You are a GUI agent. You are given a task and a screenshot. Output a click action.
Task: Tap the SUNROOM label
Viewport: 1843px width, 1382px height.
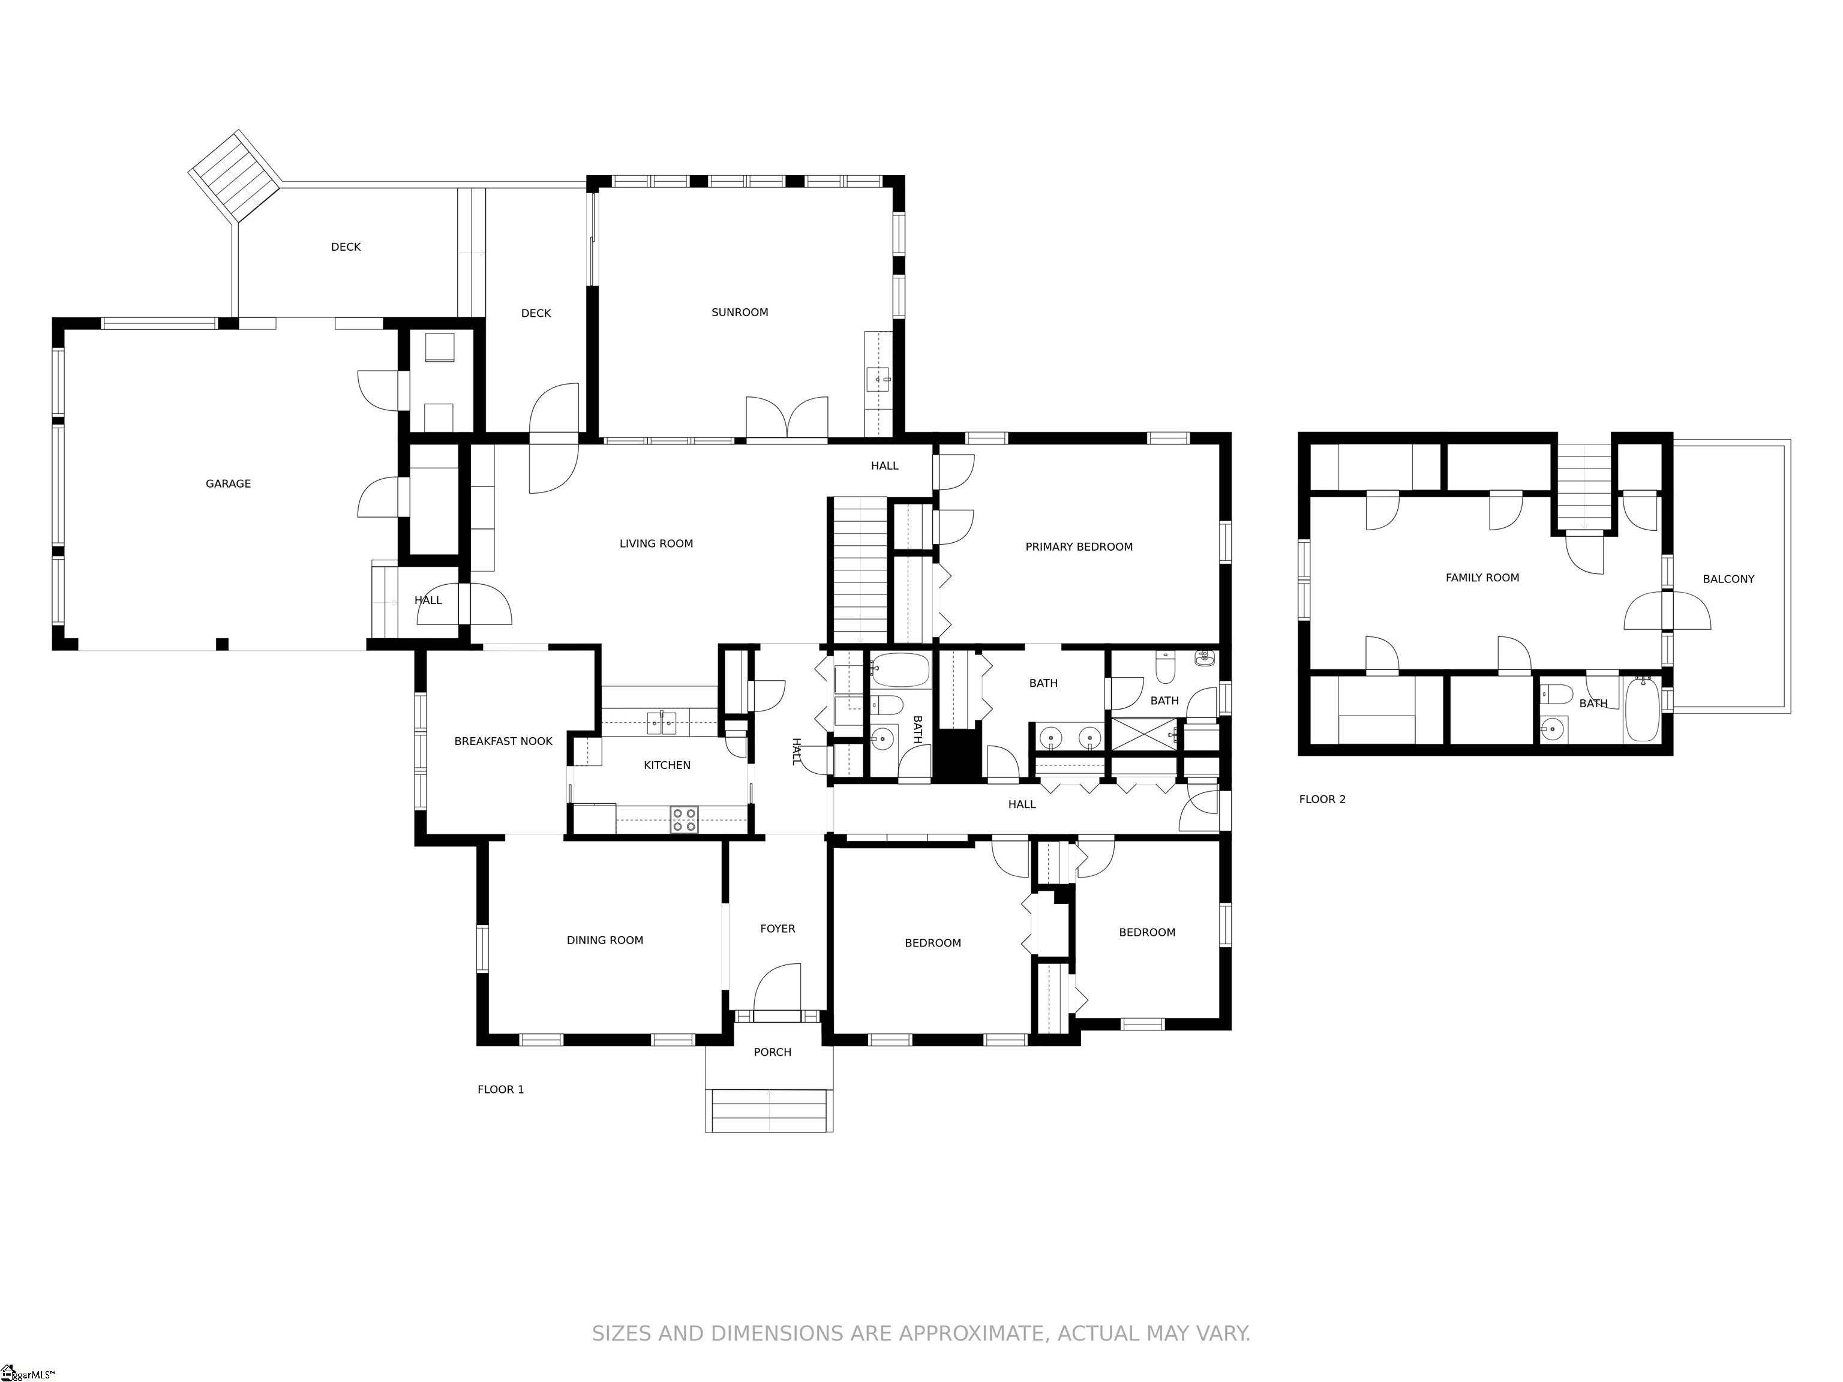point(740,313)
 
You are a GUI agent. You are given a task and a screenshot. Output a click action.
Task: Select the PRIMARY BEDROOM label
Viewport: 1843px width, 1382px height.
point(1079,547)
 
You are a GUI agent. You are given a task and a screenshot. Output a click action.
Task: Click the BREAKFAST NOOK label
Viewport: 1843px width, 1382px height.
point(503,741)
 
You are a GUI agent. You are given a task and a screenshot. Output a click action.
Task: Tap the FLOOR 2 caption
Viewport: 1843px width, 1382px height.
point(1322,800)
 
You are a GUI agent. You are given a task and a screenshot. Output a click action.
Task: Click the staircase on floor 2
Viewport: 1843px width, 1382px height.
point(1584,486)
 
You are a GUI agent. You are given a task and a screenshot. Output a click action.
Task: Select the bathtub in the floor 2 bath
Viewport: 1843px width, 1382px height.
point(1641,709)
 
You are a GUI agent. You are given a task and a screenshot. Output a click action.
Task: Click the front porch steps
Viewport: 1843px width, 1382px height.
point(769,1110)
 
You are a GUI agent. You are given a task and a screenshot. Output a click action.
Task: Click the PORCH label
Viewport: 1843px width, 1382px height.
point(772,1053)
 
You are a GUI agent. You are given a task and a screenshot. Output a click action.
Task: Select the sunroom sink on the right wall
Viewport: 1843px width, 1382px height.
point(878,379)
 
